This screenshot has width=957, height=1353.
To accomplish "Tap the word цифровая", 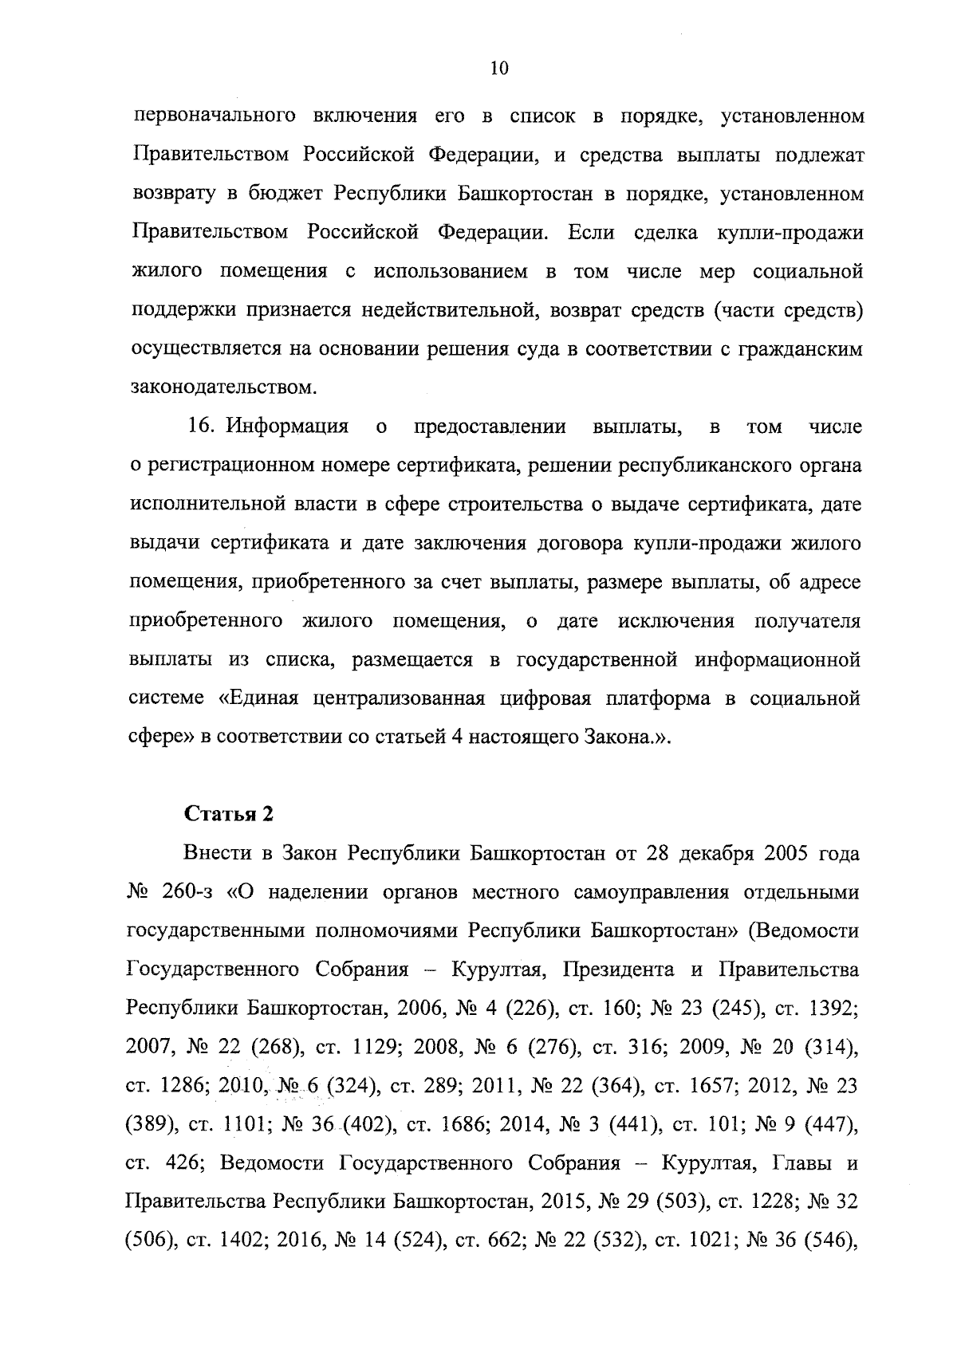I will pyautogui.click(x=545, y=698).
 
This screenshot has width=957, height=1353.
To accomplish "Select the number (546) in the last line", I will pyautogui.click(x=832, y=1241).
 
